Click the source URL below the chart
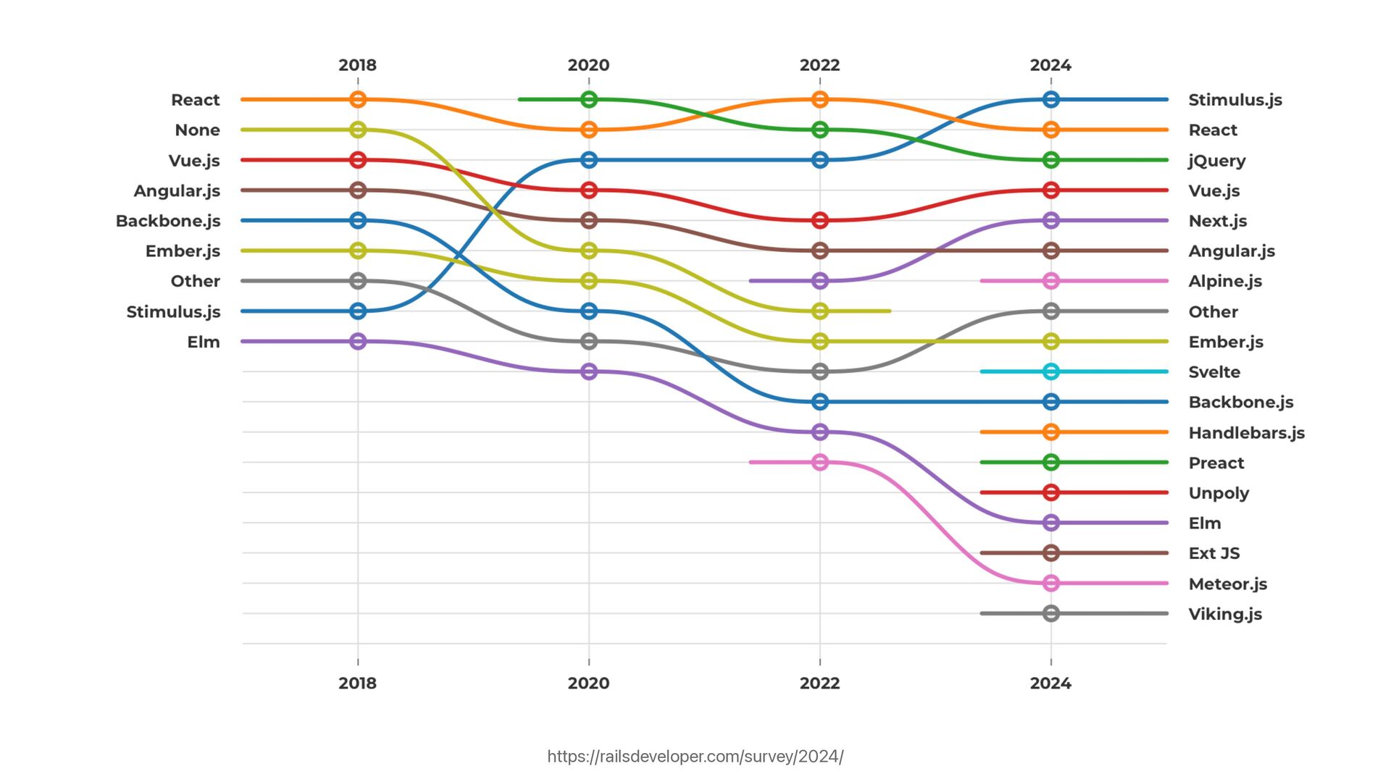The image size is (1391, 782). (695, 757)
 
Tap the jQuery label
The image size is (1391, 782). (1216, 161)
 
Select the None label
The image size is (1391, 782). (197, 130)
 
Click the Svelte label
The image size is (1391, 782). (1214, 372)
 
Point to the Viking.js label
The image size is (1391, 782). (1225, 614)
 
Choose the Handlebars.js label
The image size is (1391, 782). (1246, 433)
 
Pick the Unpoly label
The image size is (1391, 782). (1219, 493)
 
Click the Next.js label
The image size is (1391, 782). (1217, 221)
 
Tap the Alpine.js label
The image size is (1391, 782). (1225, 281)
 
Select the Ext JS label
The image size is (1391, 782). (1214, 553)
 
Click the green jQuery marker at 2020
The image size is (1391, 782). (589, 99)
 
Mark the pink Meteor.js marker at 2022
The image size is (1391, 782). (819, 462)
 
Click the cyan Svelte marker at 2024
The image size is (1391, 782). (1051, 371)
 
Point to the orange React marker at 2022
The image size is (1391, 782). (819, 99)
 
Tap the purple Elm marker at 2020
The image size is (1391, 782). (589, 371)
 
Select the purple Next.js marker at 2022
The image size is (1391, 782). (819, 281)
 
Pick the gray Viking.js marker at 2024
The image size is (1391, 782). (1051, 613)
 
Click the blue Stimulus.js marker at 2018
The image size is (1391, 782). (357, 311)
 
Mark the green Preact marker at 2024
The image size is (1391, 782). (1051, 462)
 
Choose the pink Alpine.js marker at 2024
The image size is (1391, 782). (1051, 281)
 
